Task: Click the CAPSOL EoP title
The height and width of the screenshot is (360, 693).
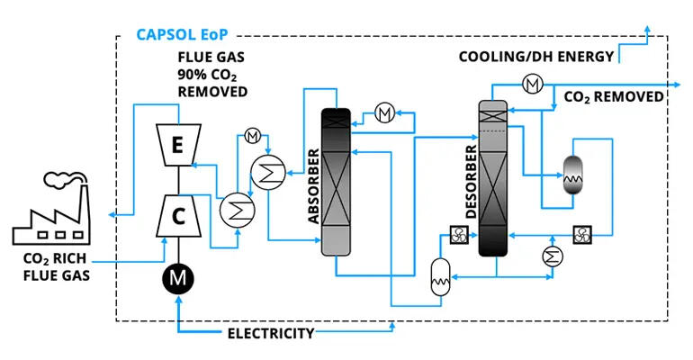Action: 183,36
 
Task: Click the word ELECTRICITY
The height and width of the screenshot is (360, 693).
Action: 270,334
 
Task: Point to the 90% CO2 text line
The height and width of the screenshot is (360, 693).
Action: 212,76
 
